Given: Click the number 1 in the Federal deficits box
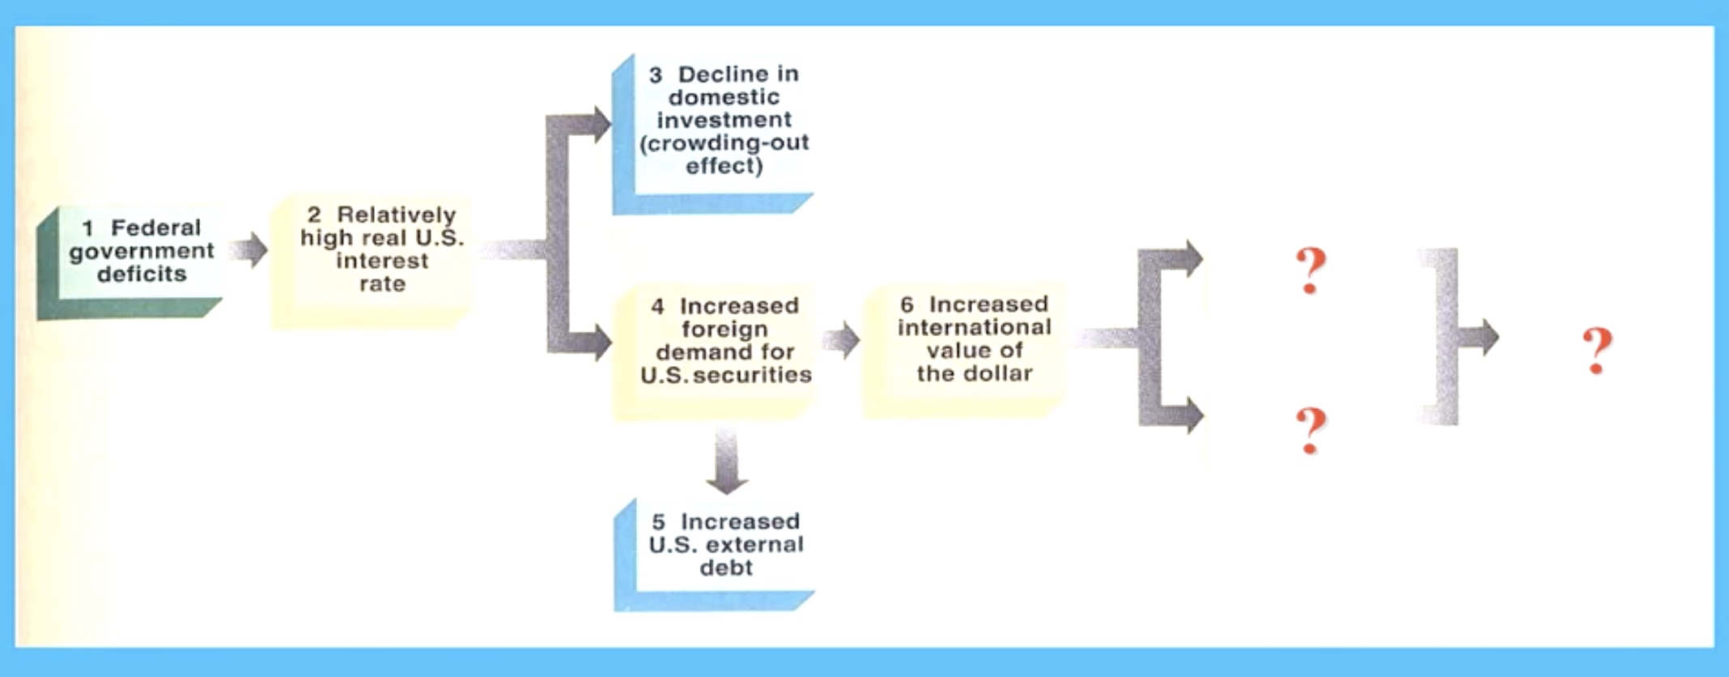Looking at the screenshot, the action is point(87,228).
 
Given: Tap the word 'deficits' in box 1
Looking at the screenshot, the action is point(142,274).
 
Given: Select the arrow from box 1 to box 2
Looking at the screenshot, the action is point(248,249).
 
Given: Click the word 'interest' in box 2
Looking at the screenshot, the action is point(382,261).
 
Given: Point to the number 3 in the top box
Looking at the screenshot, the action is point(656,75).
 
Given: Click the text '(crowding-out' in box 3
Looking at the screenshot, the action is point(724,143).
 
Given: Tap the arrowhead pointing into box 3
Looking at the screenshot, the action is point(600,124).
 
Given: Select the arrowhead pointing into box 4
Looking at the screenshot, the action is point(601,341).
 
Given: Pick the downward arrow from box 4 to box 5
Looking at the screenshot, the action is point(726,459).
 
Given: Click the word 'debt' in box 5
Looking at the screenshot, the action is point(726,568).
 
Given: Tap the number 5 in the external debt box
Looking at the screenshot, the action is point(658,522).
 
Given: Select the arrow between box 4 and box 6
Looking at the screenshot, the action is point(841,340).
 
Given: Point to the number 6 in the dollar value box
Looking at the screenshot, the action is point(907,305).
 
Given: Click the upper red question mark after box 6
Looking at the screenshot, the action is point(1311,270).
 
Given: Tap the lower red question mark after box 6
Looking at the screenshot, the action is point(1311,430).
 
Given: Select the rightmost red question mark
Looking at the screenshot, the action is point(1597,351).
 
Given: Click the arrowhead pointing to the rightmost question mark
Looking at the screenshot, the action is point(1488,337).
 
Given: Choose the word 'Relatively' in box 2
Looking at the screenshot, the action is point(397,215).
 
